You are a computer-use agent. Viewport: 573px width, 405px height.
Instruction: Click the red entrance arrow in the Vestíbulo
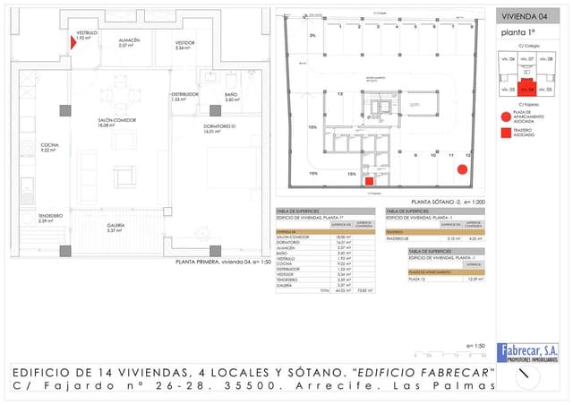(x=73, y=42)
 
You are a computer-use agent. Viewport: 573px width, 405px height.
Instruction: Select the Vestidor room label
(x=184, y=45)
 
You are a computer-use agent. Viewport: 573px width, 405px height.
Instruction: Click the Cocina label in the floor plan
(x=49, y=147)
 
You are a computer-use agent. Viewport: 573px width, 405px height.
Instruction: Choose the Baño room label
(x=231, y=97)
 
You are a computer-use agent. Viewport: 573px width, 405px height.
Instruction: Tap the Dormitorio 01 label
(x=218, y=128)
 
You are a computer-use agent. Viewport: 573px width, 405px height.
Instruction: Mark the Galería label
(x=115, y=228)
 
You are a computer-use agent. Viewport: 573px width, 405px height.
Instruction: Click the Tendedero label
(x=50, y=218)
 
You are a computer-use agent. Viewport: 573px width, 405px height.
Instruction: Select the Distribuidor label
(x=184, y=96)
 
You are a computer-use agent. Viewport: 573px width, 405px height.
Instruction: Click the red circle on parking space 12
(x=462, y=169)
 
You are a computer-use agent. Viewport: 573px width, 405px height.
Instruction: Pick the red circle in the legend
(x=506, y=117)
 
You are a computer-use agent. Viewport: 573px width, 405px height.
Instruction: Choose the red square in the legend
(x=506, y=133)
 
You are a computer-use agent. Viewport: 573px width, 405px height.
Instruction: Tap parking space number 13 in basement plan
(x=340, y=93)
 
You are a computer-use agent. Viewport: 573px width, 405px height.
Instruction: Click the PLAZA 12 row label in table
(x=418, y=278)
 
